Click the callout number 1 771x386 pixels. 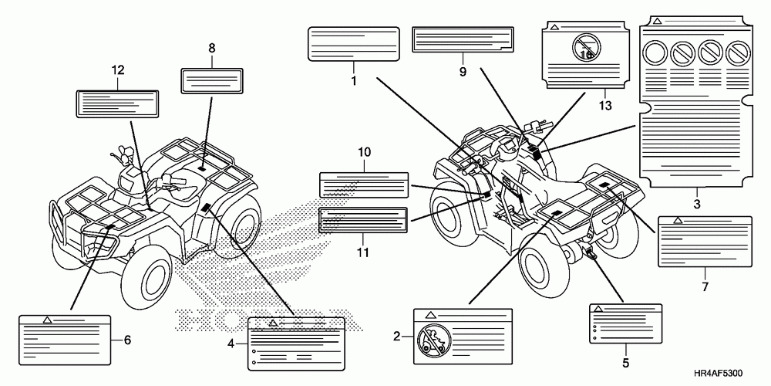[353, 80]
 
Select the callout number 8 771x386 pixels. [211, 48]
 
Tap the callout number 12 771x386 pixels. [117, 70]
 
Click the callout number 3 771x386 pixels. [696, 205]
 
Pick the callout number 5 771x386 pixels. [625, 362]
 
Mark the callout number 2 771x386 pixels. [397, 336]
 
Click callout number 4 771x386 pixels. [231, 344]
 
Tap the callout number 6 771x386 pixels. [128, 339]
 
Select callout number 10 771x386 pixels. [362, 154]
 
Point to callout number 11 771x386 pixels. [362, 252]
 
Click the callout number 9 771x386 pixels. [463, 72]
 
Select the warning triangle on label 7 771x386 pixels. [677, 221]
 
